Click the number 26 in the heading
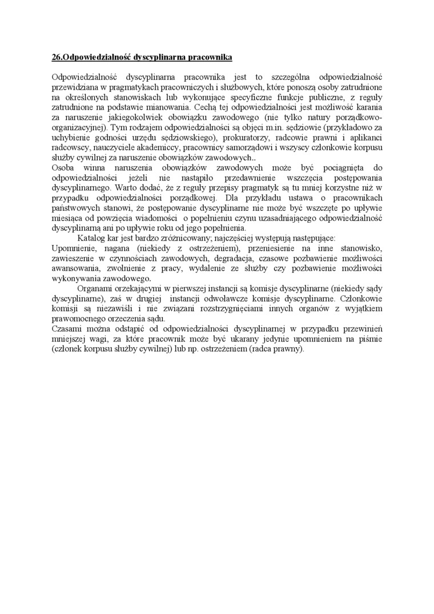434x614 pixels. tap(55, 57)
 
